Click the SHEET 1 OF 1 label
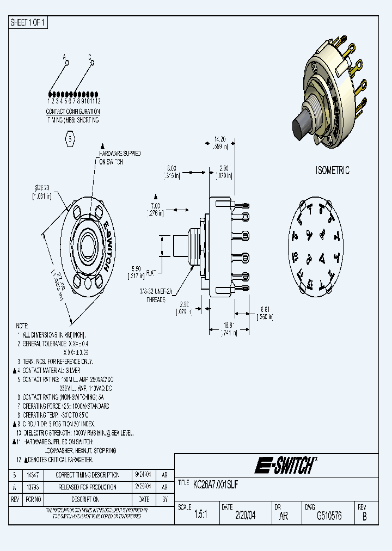point(29,22)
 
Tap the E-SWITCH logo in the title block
point(285,466)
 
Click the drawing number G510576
point(329,516)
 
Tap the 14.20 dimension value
point(219,138)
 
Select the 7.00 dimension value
point(156,206)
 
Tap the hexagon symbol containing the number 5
point(70,138)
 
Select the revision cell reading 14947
point(33,475)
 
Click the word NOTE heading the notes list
point(22,325)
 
